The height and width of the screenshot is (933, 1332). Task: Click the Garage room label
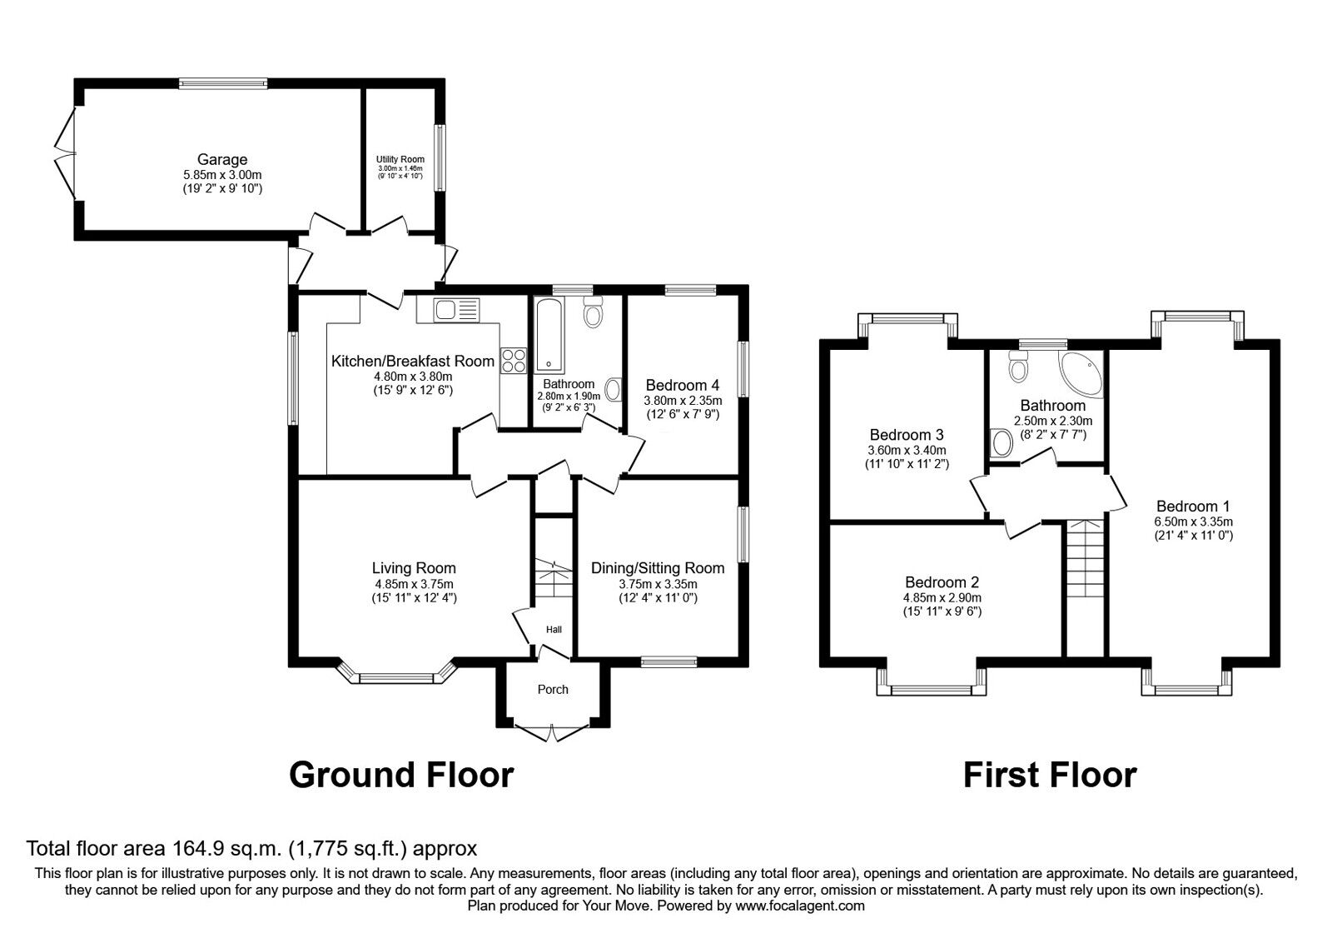221,160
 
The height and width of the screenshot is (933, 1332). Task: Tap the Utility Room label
400,159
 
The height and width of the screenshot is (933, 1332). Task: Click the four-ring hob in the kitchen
514,360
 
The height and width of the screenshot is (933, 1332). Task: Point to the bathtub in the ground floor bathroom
549,335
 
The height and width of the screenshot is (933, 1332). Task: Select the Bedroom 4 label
682,385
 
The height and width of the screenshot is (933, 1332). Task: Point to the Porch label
553,689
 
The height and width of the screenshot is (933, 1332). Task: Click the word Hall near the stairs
554,629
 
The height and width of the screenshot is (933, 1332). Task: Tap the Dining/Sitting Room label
658,568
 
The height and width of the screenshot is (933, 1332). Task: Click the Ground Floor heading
400,775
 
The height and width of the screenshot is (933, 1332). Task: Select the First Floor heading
1049,775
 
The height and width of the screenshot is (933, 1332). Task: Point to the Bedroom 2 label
942,582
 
